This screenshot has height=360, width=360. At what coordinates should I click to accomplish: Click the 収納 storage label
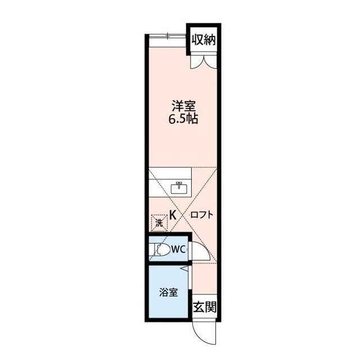204,40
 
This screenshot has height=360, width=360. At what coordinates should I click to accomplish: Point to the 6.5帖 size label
183,119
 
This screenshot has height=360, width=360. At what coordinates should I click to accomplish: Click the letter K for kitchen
173,215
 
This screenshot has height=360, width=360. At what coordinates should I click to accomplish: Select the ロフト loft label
201,215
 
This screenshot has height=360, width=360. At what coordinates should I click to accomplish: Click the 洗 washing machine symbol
159,223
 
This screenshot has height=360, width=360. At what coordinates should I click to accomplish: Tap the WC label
178,250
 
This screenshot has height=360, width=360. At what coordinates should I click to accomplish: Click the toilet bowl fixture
162,249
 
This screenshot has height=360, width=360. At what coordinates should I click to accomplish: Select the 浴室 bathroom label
168,292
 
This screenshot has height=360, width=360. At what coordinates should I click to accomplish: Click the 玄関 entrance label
205,307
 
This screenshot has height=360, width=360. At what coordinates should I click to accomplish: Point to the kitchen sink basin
179,188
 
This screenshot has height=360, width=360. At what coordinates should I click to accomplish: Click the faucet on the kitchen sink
179,184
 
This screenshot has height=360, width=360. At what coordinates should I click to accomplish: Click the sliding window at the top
168,35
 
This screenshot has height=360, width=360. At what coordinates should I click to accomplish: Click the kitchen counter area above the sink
170,173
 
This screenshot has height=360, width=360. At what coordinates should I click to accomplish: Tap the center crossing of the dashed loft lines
183,215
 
